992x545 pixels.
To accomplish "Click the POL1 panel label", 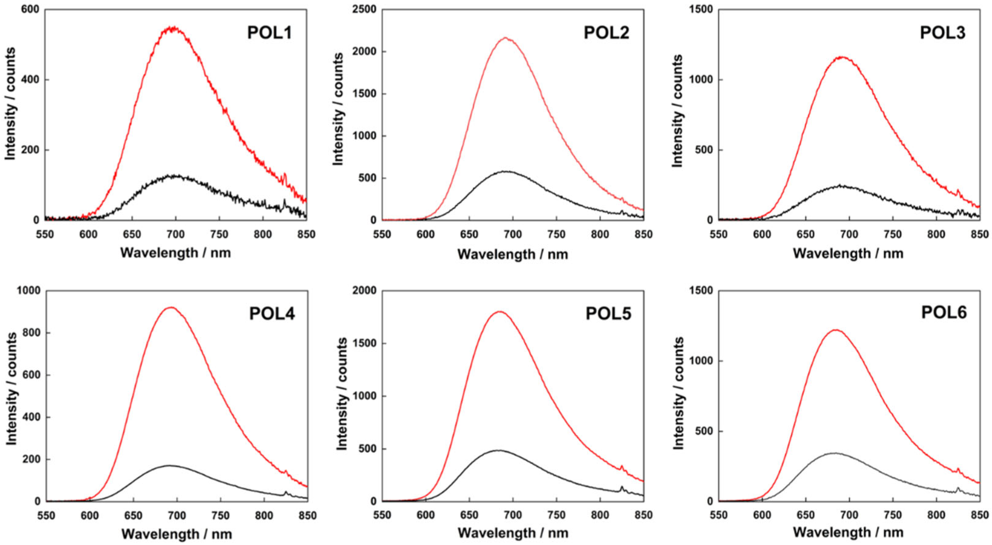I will (x=270, y=33).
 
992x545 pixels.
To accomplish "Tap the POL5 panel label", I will (x=608, y=314).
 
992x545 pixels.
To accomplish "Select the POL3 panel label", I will (x=943, y=33).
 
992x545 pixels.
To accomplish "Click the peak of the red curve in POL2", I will (x=505, y=38).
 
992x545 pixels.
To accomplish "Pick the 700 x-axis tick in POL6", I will (x=848, y=515).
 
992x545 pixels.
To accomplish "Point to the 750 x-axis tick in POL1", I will (x=219, y=234).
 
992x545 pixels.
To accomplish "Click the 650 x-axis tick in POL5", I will (x=469, y=515).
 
